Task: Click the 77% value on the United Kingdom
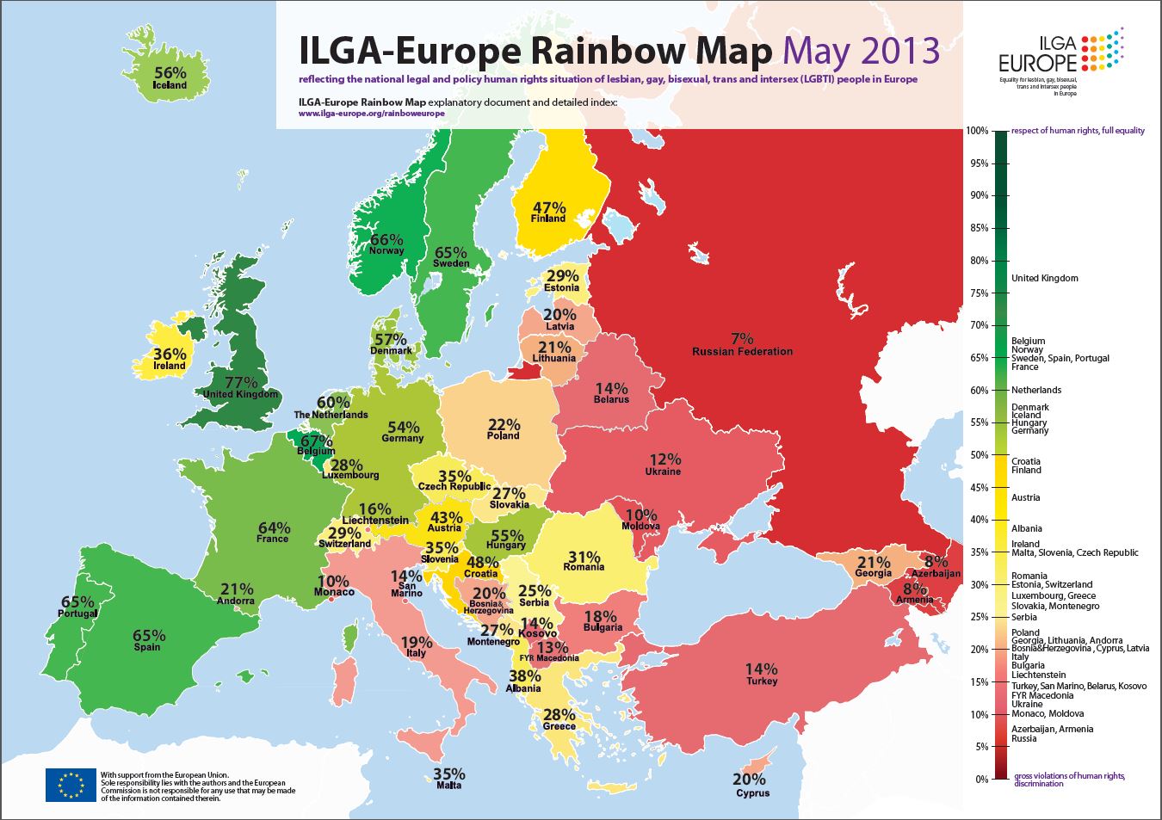241,381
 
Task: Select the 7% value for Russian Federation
742,338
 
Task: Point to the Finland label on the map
548,219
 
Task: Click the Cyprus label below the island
752,793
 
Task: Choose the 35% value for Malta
448,774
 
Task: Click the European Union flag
71,784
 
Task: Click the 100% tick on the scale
977,131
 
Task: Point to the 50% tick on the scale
977,455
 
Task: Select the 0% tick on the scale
979,779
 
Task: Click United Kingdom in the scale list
1044,278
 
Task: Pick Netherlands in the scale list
1036,390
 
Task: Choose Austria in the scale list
1025,497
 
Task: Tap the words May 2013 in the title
861,51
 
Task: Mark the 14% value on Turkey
761,669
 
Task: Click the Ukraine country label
663,472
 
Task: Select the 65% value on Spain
149,636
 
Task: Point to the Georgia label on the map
872,573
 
